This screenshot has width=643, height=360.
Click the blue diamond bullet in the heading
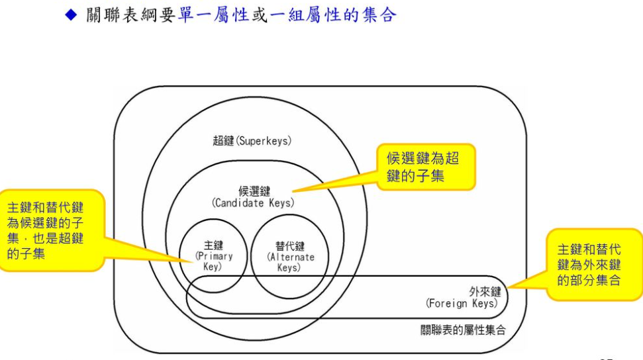click(x=72, y=15)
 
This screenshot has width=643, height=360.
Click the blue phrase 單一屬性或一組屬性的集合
click(x=286, y=15)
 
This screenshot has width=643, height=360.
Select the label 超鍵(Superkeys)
click(x=252, y=140)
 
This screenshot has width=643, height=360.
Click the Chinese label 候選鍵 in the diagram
click(x=254, y=191)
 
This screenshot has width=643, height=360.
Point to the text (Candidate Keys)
click(x=254, y=203)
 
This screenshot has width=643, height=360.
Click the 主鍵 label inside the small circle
click(x=213, y=246)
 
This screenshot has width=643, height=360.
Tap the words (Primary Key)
click(x=213, y=261)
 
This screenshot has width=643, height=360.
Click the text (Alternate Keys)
click(x=290, y=262)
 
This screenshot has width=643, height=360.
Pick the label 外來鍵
click(x=485, y=291)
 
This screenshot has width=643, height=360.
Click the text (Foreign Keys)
click(x=461, y=303)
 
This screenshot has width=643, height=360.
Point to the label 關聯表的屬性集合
click(x=463, y=330)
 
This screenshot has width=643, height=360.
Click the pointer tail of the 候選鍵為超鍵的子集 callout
click(x=331, y=185)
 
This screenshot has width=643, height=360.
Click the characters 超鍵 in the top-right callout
click(x=452, y=159)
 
